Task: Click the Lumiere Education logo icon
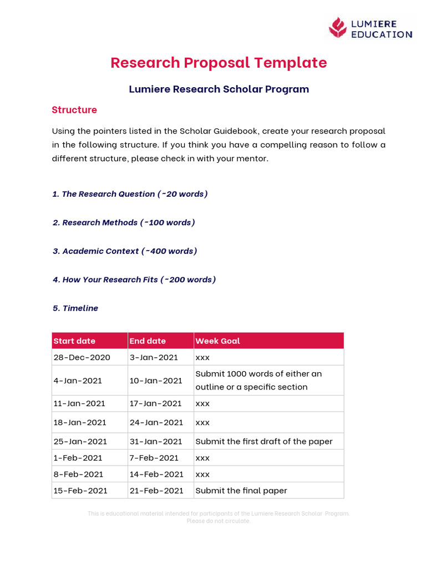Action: (x=337, y=27)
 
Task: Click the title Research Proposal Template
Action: (x=219, y=63)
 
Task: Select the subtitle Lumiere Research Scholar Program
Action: (x=219, y=89)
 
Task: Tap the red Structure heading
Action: (x=74, y=110)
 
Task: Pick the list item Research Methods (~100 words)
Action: (x=124, y=223)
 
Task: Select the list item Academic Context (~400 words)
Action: (x=125, y=251)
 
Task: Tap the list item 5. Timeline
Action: (x=75, y=308)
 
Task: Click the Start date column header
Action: (x=74, y=341)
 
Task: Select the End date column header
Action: (x=148, y=341)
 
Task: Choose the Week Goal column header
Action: (x=217, y=341)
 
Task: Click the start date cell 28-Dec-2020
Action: (x=82, y=358)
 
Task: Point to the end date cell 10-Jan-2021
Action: (x=156, y=381)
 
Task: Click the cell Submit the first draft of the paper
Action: (x=264, y=442)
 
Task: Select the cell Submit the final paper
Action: (x=241, y=491)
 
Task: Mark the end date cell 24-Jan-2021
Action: (x=156, y=422)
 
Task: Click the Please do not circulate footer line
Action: (x=219, y=521)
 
